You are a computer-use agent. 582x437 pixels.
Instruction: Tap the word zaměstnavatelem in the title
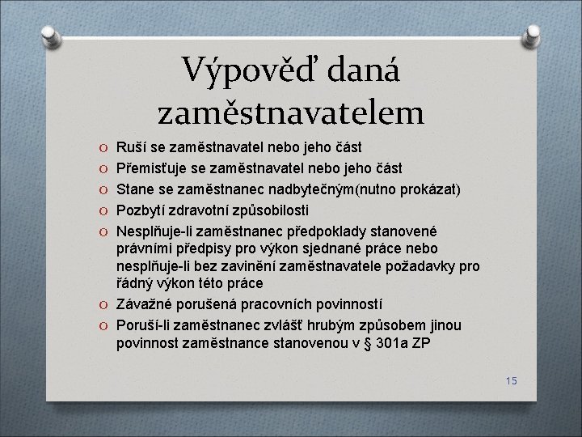[290, 112]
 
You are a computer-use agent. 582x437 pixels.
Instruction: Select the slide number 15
[510, 380]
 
